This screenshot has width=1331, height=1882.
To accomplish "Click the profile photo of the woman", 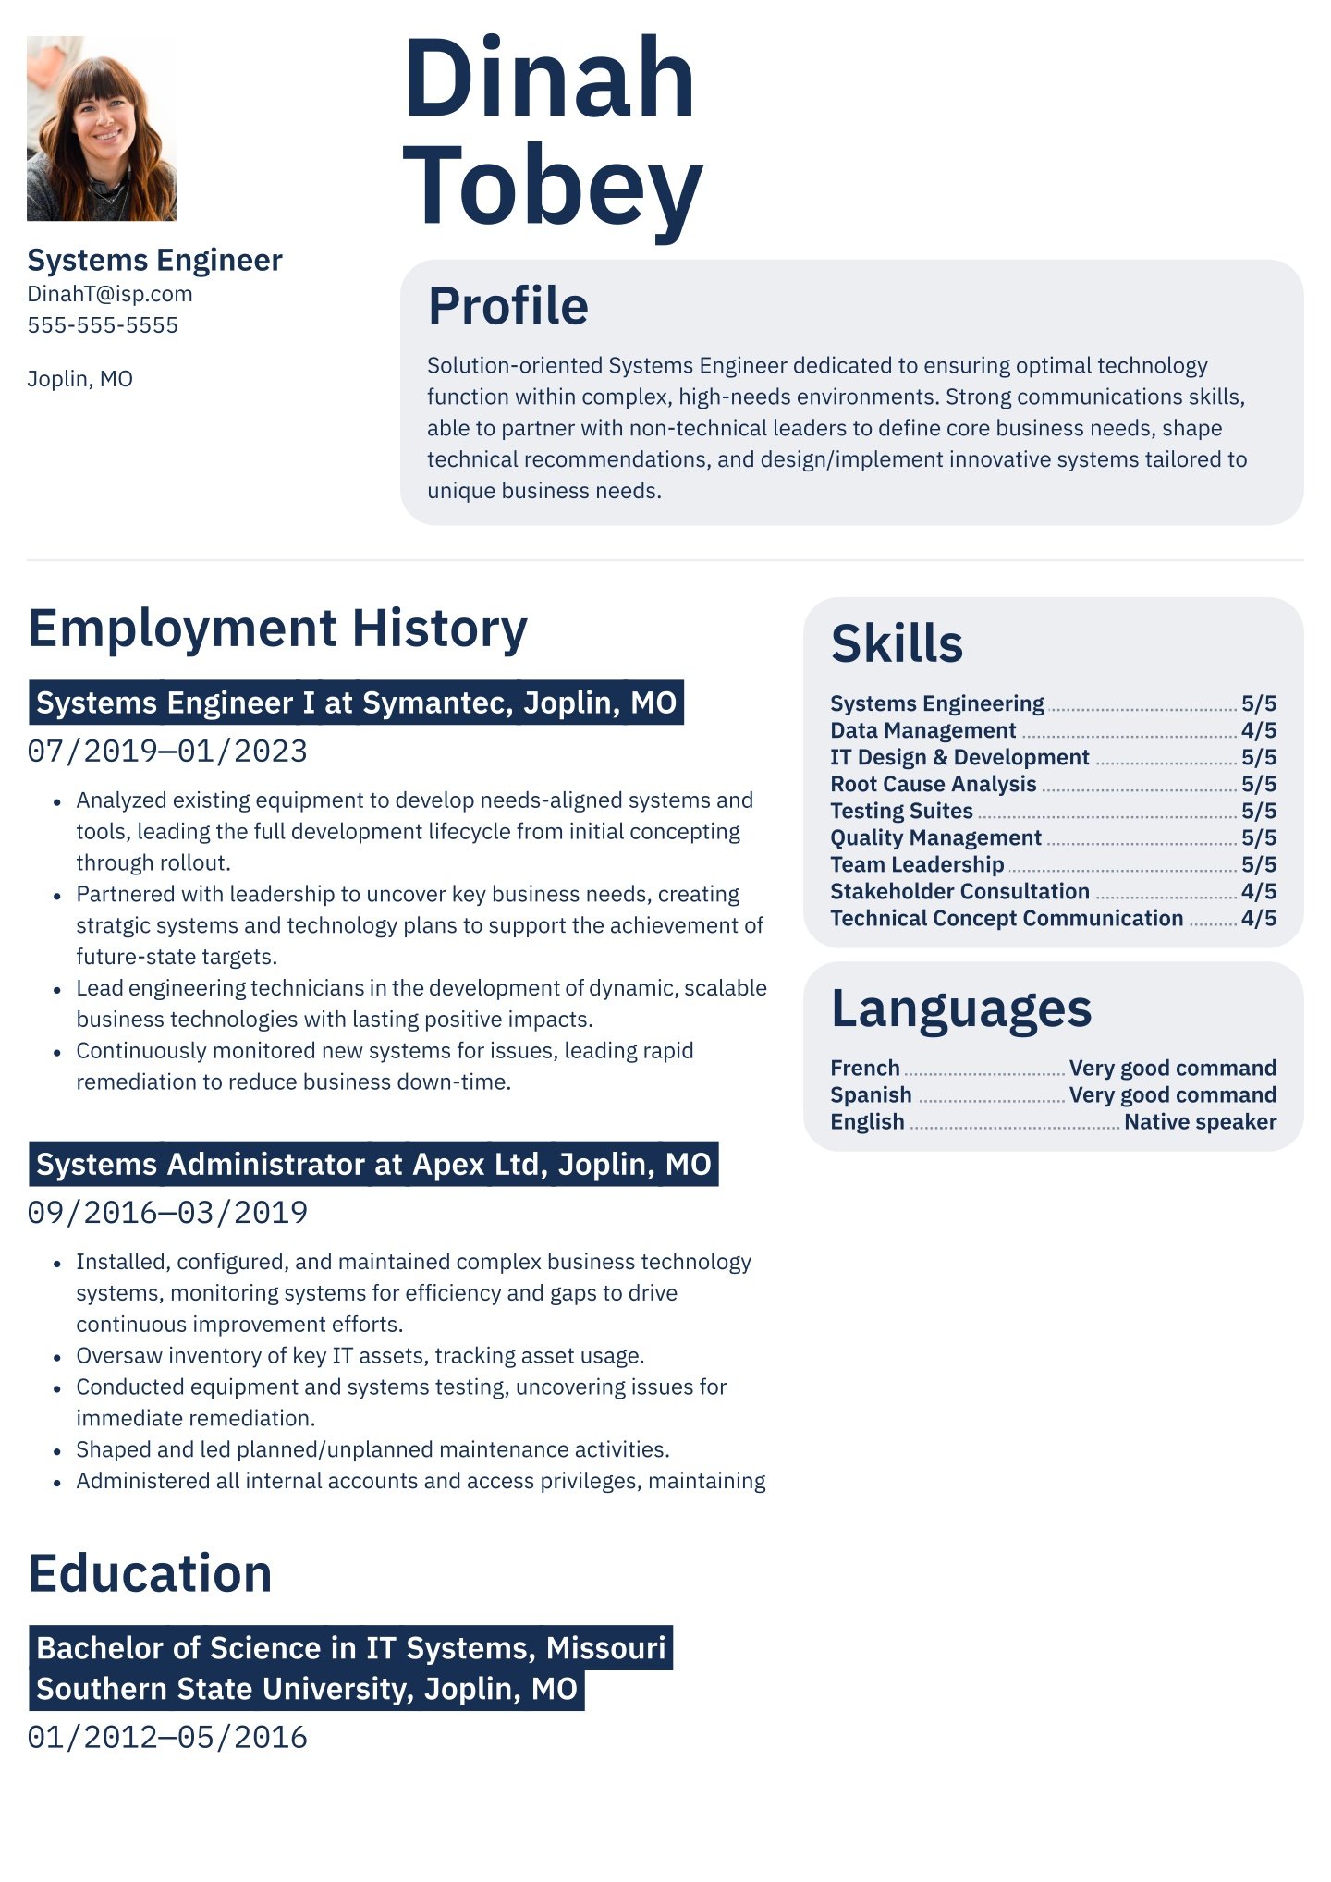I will coord(101,128).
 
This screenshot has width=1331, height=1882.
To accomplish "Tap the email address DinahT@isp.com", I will coord(110,294).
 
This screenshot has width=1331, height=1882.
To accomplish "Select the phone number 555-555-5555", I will coord(103,325).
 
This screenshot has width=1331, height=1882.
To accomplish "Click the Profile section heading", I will coord(507,306).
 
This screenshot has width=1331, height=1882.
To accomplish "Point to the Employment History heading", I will coord(277,629).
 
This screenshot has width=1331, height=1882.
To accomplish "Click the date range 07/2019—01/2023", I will coord(167,751).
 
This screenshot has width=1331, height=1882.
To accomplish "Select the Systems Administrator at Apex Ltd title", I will coord(373,1165).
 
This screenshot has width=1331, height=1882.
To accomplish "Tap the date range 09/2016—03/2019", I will coord(167,1213).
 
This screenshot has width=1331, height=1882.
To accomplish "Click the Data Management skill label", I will coord(922,730).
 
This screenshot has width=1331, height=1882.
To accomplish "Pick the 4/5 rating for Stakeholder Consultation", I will coord(1258,891).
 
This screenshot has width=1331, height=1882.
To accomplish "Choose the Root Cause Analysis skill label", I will coord(933,784).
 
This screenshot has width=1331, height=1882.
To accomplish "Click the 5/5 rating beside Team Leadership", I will coord(1258,864).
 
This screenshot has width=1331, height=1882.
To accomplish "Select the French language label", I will coord(864,1068).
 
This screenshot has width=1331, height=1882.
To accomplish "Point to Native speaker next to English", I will coord(1200,1121).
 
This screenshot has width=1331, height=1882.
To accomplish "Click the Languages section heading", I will coord(960,1008).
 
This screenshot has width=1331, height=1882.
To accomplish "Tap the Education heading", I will coord(150,1573).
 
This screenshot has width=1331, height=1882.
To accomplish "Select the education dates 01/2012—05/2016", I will coord(167,1738).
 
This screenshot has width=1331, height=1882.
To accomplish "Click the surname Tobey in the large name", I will coord(553,187).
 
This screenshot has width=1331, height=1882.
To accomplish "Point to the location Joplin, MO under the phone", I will coord(80,379).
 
